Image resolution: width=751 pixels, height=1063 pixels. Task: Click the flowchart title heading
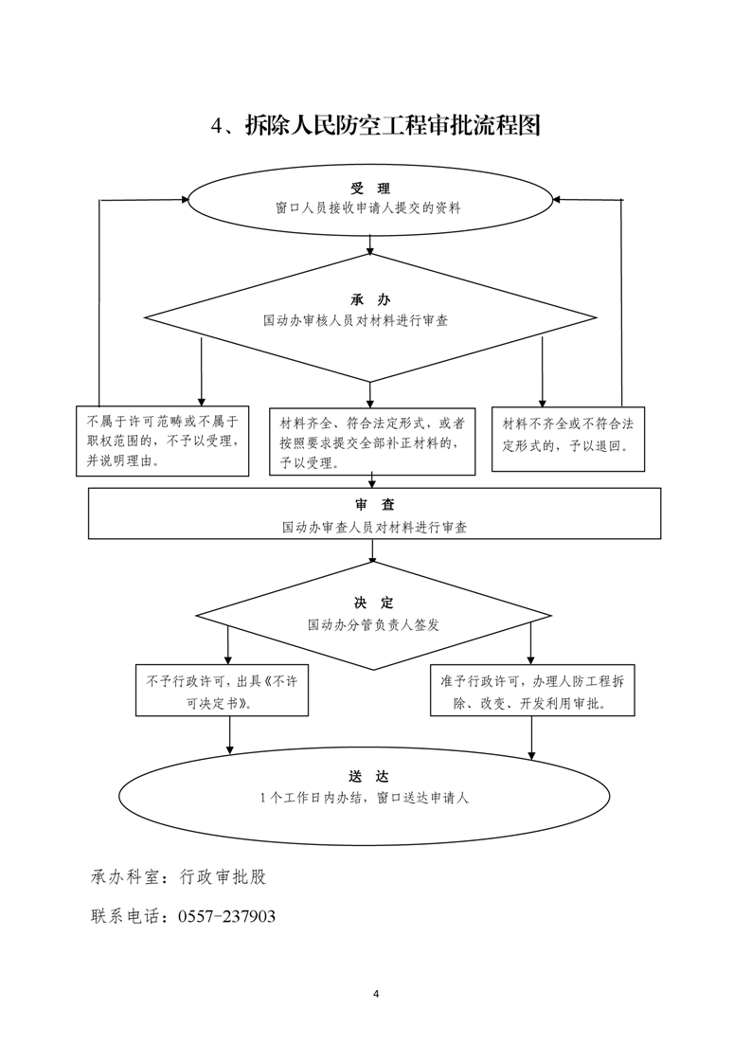click(375, 126)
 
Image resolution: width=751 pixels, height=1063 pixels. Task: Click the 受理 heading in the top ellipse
click(370, 189)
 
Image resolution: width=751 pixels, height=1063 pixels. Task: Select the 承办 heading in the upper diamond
click(370, 299)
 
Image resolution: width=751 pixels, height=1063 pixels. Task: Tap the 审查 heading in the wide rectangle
click(374, 504)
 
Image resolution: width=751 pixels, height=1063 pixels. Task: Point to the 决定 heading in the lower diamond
click(373, 603)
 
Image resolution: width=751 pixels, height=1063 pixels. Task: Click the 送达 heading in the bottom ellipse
click(368, 776)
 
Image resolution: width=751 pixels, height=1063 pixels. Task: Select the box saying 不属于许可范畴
click(163, 441)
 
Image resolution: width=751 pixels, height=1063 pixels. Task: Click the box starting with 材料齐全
click(372, 441)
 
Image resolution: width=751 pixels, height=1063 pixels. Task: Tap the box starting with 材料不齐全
click(568, 439)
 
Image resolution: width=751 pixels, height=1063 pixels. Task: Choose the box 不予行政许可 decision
click(222, 690)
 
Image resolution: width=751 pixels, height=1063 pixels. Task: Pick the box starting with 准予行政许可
click(532, 690)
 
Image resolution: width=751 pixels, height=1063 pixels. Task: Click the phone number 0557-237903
click(227, 916)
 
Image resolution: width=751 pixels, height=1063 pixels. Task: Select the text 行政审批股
click(223, 876)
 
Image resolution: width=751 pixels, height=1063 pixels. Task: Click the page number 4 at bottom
click(376, 995)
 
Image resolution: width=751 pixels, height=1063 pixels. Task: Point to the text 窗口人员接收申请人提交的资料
click(368, 208)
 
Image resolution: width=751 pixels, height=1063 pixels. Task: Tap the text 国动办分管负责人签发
click(373, 624)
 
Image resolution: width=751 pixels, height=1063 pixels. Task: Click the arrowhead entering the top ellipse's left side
click(185, 200)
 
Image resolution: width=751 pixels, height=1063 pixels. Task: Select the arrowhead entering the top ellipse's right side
click(557, 200)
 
